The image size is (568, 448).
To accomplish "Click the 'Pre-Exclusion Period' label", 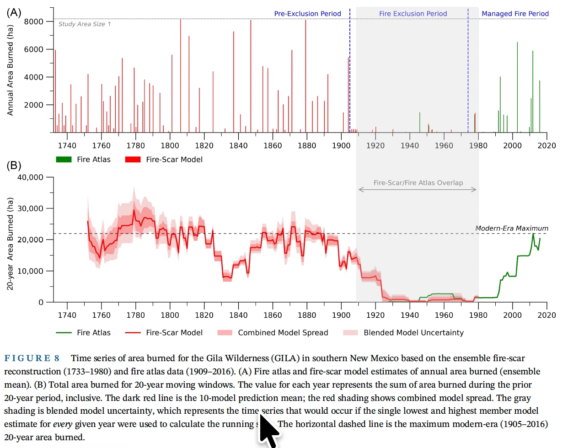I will (307, 14).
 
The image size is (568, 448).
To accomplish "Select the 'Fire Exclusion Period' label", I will (413, 14).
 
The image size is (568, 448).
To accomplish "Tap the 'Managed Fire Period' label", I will (515, 14).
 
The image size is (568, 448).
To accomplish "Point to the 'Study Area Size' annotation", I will (85, 24).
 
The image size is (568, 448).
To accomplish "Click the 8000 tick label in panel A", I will (34, 21).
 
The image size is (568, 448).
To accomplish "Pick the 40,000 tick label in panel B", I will (30, 177).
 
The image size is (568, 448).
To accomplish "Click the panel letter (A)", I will (14, 12).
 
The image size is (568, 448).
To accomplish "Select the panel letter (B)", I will (14, 165).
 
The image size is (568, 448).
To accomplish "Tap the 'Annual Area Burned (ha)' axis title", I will (10, 69).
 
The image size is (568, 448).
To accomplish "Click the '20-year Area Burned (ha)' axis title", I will (10, 244).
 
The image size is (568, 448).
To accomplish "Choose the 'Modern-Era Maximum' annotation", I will (511, 228).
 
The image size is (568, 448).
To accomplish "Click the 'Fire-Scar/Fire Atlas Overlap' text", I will (418, 183).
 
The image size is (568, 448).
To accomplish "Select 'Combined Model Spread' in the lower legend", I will (283, 333).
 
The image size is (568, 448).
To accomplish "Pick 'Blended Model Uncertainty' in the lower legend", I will (413, 333).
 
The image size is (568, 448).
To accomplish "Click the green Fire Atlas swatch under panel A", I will (64, 160).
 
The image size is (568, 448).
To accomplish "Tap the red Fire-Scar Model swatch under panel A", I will (133, 160).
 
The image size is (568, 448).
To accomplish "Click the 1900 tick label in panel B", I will (341, 315).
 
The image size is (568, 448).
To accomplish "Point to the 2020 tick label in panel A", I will (547, 145).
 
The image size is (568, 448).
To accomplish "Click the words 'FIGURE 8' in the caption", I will (32, 358).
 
